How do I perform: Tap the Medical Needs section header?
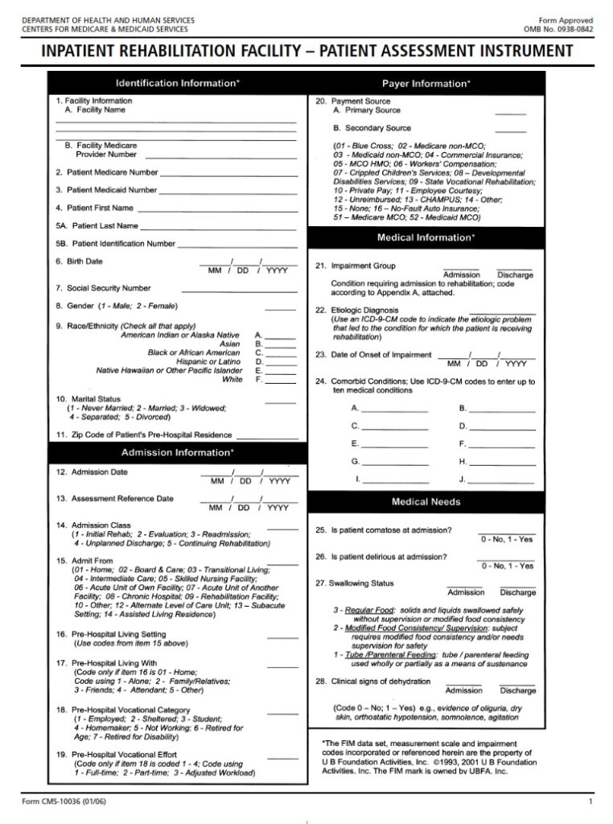pos(426,501)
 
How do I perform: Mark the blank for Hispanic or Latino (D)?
pos(281,362)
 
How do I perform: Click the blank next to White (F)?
pos(281,380)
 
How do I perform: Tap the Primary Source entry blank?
pos(510,112)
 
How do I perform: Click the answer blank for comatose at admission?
pos(506,532)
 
